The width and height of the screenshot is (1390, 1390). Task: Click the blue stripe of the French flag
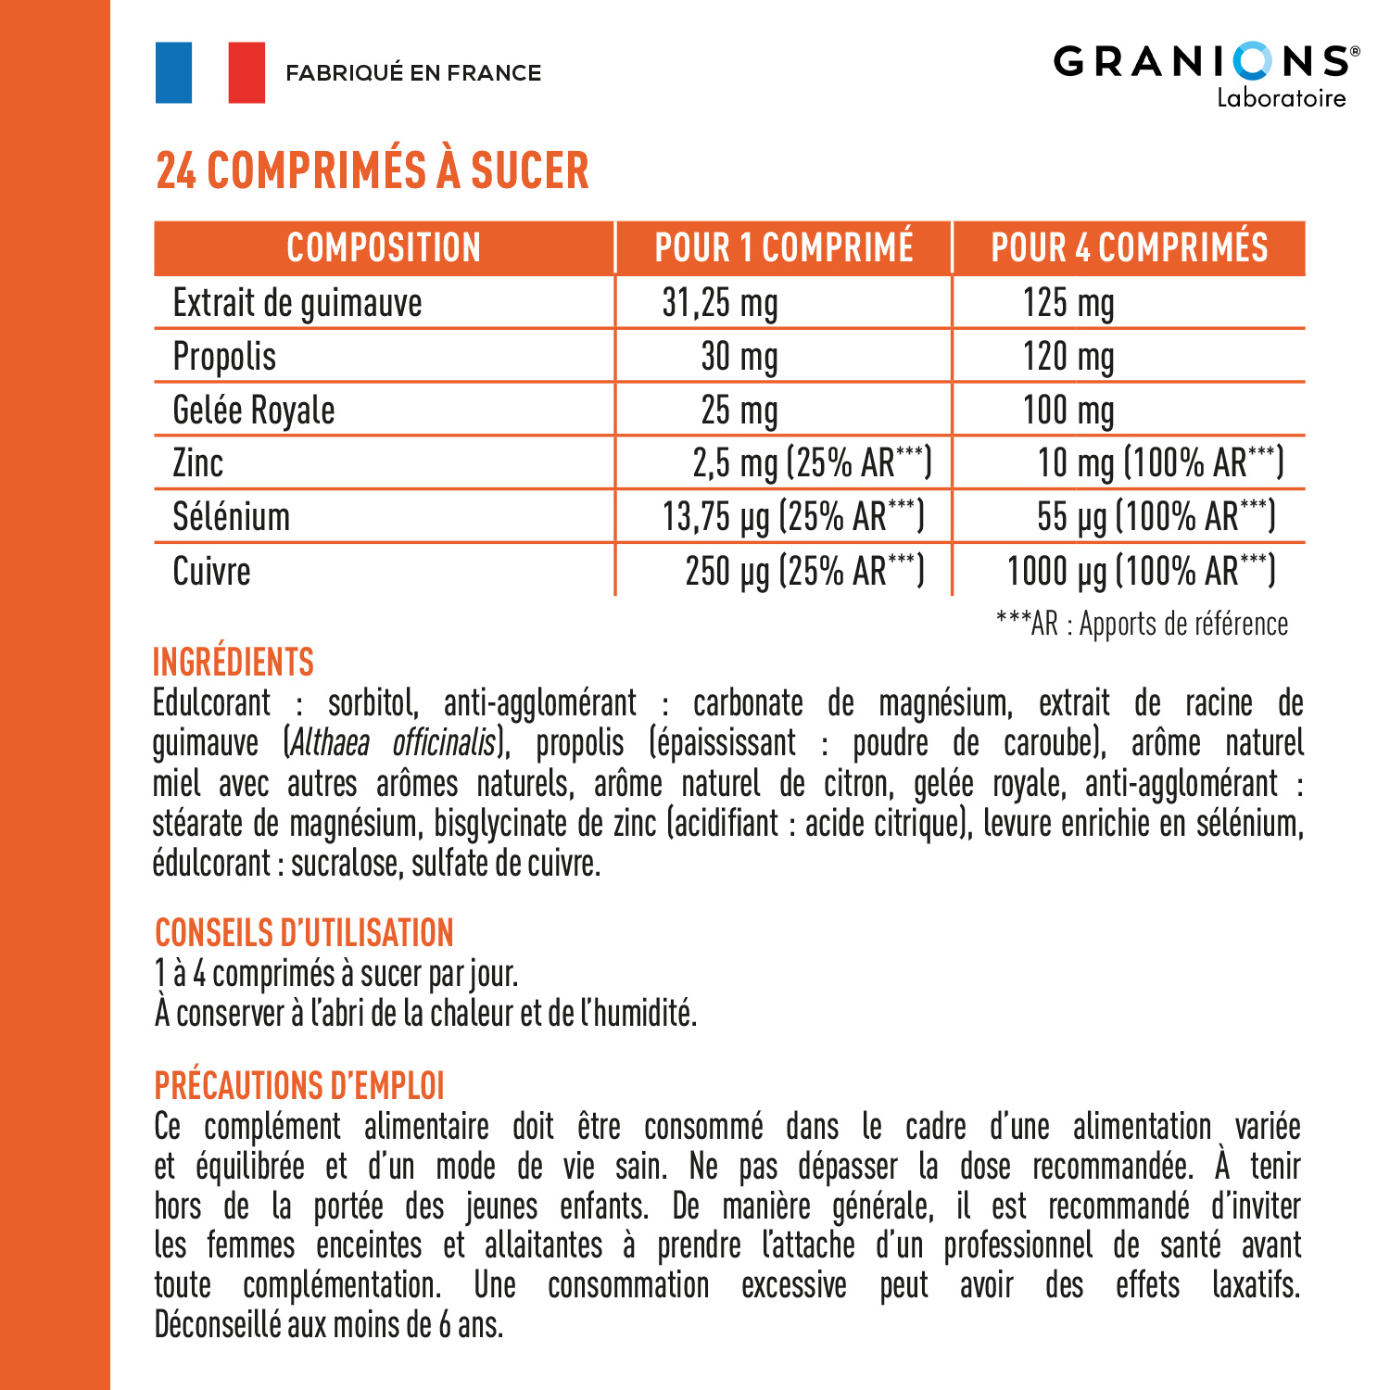(174, 72)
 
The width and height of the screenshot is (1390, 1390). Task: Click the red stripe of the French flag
(246, 72)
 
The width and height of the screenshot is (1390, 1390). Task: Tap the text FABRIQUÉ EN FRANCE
(413, 73)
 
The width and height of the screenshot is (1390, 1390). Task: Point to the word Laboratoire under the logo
(1281, 98)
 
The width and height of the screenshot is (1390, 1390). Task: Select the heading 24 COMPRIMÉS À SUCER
(373, 171)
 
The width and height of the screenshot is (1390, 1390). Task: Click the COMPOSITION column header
(384, 247)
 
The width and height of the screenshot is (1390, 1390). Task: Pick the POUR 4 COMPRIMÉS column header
(1129, 247)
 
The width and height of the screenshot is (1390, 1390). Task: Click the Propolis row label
(225, 357)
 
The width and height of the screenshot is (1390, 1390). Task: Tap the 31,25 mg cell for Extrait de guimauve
(720, 303)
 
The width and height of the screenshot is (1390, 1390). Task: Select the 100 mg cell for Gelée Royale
(1068, 411)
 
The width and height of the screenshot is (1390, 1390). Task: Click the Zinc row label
(198, 463)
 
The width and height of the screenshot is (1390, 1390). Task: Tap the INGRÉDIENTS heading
(234, 663)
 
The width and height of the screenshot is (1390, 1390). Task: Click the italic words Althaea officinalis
(393, 743)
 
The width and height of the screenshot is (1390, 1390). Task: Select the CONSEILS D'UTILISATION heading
(304, 933)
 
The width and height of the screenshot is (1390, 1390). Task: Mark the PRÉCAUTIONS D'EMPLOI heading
(299, 1085)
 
